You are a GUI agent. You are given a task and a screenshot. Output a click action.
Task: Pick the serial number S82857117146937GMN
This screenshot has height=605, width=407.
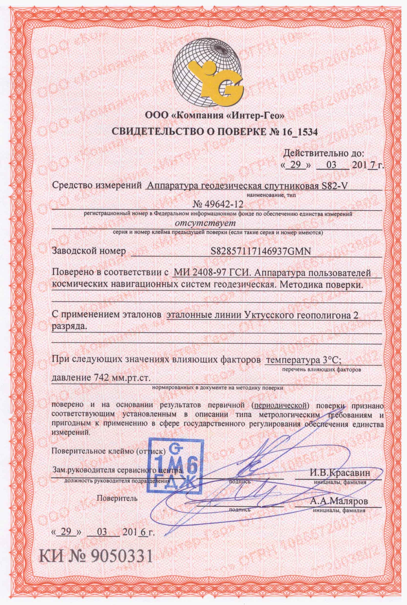[x=261, y=251]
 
